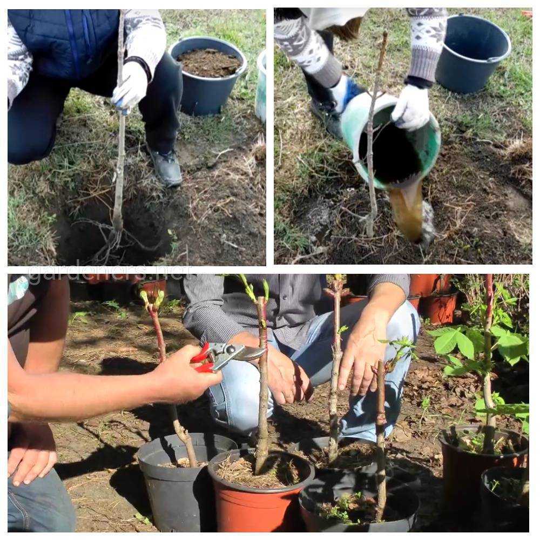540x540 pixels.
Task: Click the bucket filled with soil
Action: pyautogui.click(x=208, y=75)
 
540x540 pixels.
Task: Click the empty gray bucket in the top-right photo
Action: pyautogui.click(x=473, y=53)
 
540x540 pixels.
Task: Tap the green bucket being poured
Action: pyautogui.click(x=393, y=141)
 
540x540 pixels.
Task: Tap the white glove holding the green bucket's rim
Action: pyautogui.click(x=411, y=107)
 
